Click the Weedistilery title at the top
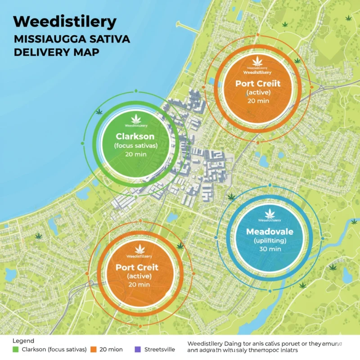(x=65, y=22)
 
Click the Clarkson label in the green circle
(x=135, y=136)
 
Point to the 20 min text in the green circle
(x=135, y=154)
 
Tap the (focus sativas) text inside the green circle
(x=135, y=145)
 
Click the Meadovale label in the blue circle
(x=270, y=232)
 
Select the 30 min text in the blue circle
(x=270, y=250)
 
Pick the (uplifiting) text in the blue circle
(x=270, y=241)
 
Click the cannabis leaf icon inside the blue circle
(x=270, y=213)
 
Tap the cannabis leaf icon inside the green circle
(x=135, y=119)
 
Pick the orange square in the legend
(x=94, y=349)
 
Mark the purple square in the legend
(x=137, y=349)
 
